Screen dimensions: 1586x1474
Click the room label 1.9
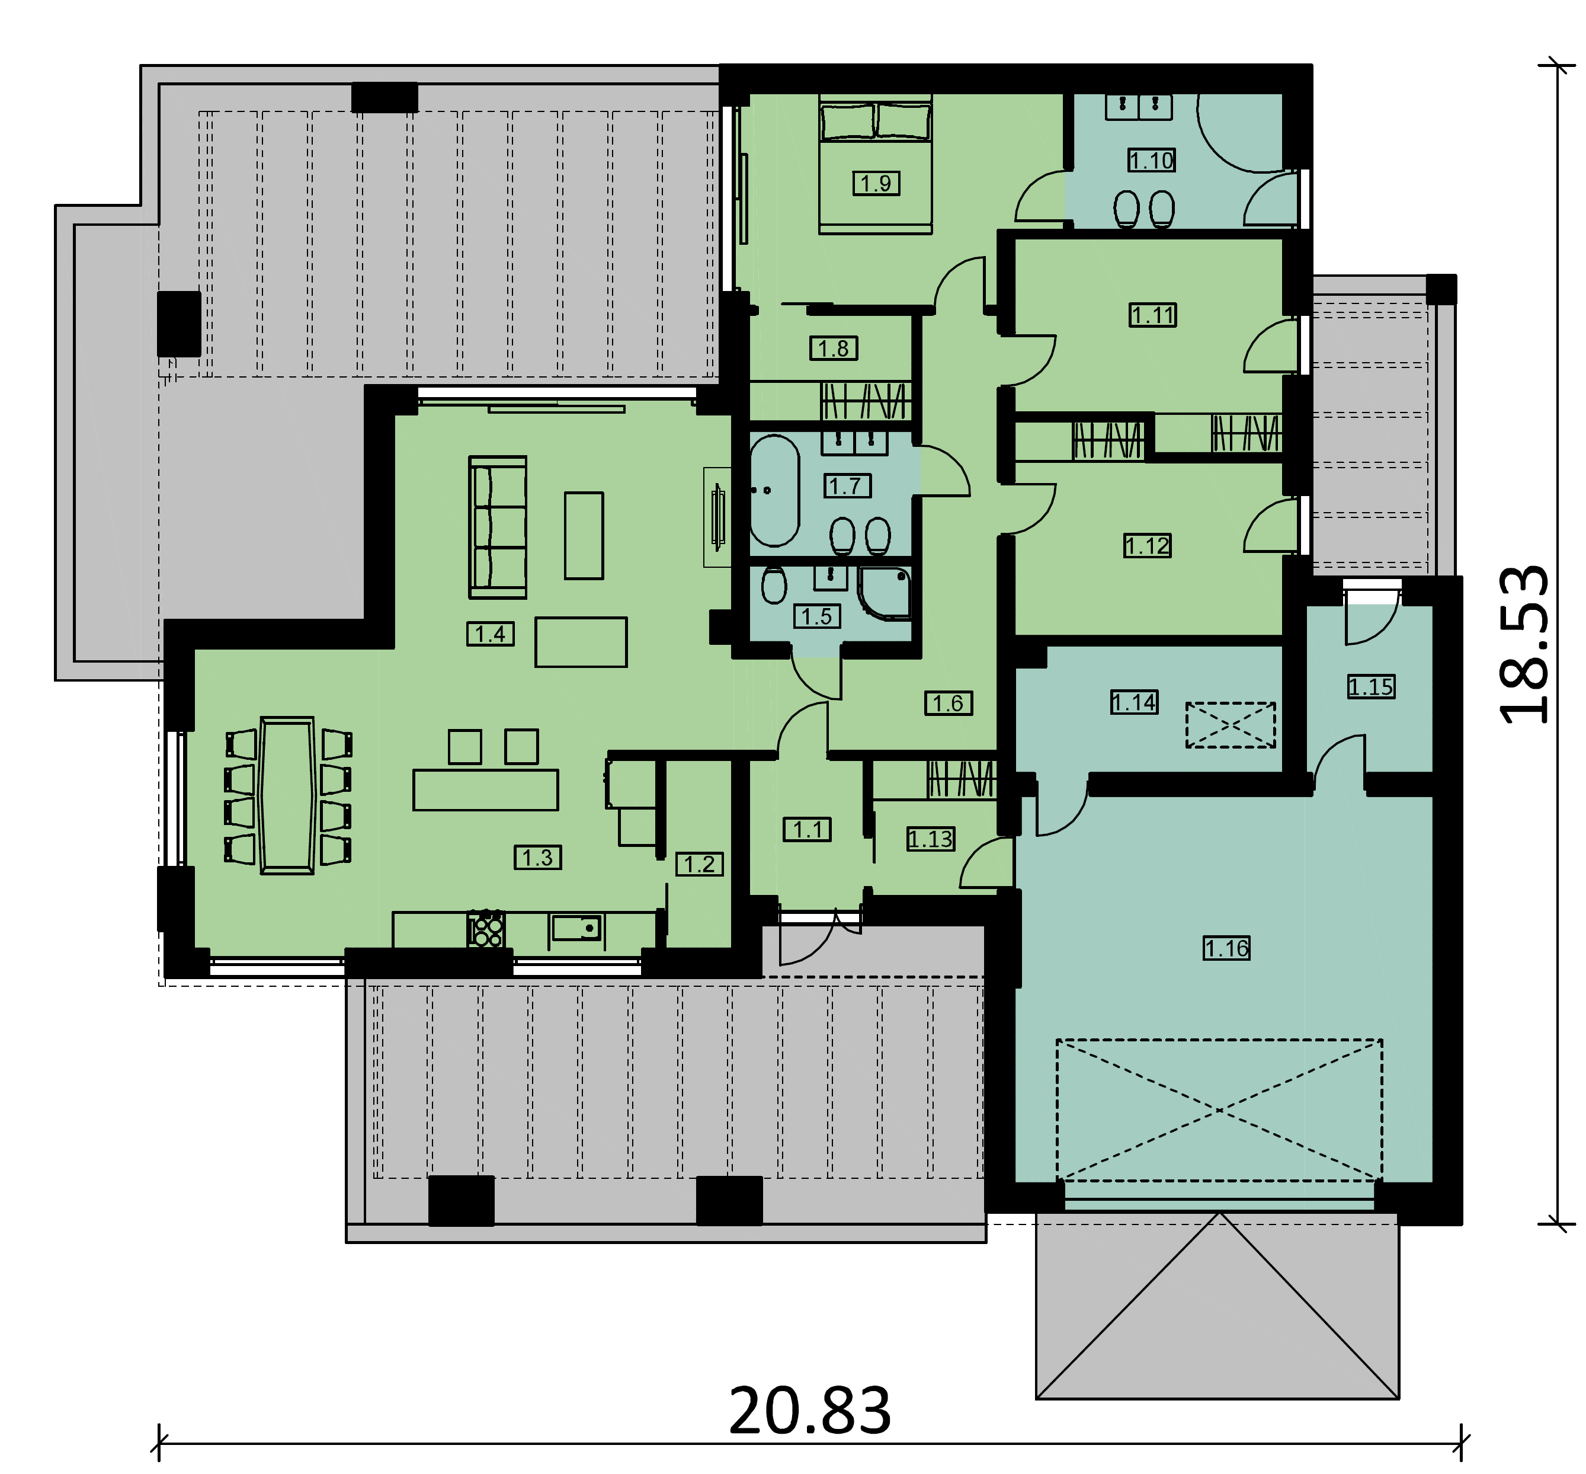click(x=876, y=184)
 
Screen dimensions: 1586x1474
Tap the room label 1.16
click(x=1226, y=948)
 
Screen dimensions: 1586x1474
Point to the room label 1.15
click(x=1372, y=687)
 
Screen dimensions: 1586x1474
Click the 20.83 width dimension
click(x=810, y=1411)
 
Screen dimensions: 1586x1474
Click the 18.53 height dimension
click(x=1524, y=644)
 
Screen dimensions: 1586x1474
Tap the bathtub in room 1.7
click(x=774, y=491)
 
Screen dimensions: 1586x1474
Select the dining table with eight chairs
click(x=288, y=796)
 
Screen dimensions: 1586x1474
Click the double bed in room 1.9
click(x=876, y=164)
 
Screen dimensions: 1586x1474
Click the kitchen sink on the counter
click(x=576, y=928)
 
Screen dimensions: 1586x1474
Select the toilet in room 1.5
click(x=774, y=586)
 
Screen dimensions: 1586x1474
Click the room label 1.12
click(x=1148, y=546)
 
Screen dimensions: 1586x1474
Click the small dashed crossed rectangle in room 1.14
click(x=1231, y=725)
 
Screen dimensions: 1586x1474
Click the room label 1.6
click(x=948, y=703)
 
